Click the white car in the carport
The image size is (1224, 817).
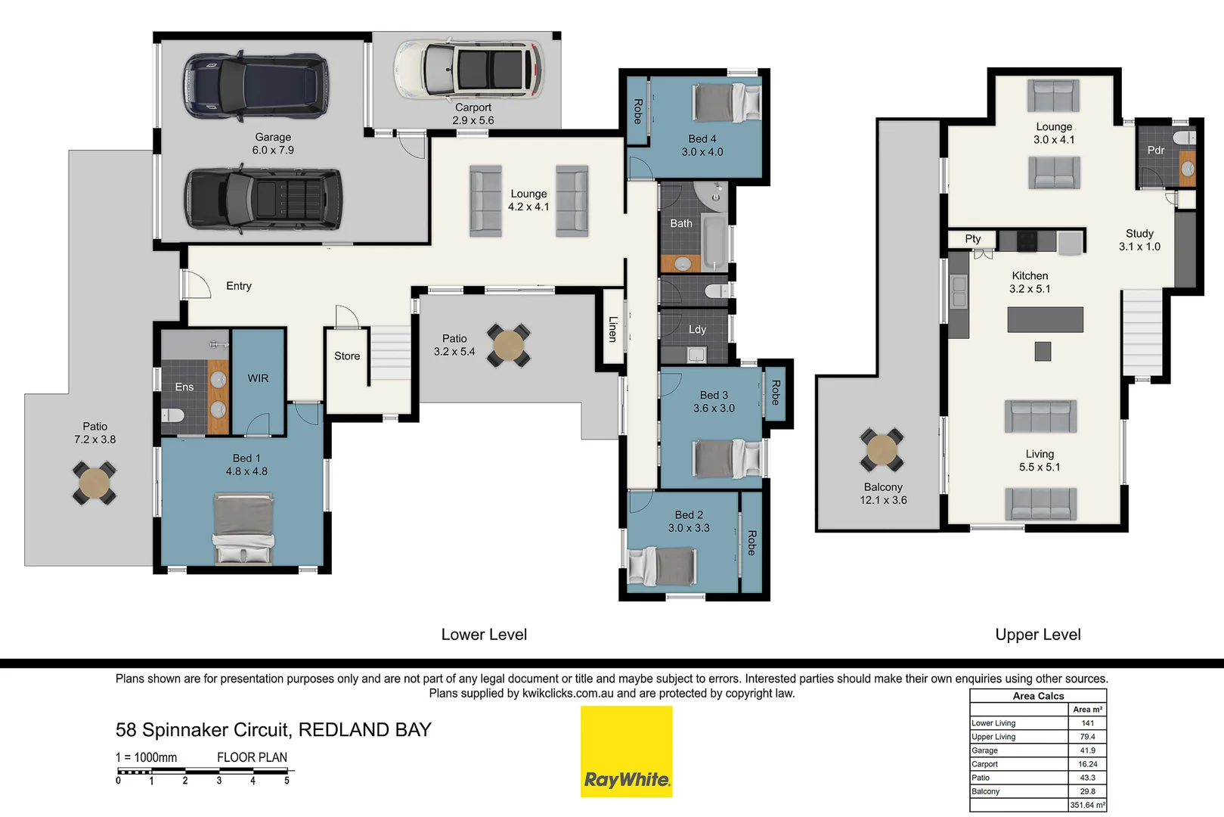point(469,70)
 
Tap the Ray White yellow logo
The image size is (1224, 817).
point(626,751)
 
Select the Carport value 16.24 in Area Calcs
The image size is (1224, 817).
point(1087,764)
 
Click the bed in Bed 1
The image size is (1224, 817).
point(243,529)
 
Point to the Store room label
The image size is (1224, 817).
point(347,356)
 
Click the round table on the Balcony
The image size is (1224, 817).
point(882,450)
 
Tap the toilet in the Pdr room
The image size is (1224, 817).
point(1185,138)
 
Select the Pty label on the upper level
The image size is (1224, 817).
point(972,239)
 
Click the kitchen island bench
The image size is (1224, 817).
point(1045,319)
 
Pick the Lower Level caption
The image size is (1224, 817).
point(484,635)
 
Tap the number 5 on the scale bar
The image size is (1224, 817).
point(287,781)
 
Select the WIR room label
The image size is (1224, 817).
point(258,378)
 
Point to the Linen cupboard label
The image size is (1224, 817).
point(612,329)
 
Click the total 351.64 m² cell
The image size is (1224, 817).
point(1087,805)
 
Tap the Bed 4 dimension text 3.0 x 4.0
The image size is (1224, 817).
point(702,152)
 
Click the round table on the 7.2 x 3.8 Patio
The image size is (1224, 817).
point(94,483)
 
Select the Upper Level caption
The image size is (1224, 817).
point(1037,635)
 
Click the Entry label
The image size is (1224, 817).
point(239,286)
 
